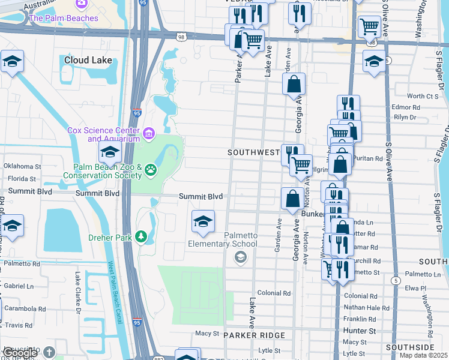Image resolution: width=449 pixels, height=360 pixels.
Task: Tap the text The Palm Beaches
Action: coord(63,18)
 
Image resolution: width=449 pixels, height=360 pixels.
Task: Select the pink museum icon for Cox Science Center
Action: coord(148,132)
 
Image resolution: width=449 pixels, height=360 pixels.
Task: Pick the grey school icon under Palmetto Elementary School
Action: coord(240,257)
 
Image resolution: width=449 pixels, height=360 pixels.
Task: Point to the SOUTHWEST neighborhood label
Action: coord(254,153)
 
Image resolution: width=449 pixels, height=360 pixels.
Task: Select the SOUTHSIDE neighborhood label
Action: coord(410,347)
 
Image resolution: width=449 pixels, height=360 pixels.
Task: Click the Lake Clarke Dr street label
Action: coord(77,293)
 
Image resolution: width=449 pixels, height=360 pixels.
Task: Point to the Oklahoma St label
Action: coord(22,166)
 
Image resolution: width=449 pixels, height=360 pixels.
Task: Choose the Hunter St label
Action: coord(359,331)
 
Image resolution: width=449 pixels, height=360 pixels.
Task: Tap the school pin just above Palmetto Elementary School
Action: coord(203,222)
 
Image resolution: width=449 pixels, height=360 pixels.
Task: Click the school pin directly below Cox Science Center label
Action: coord(110,152)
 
